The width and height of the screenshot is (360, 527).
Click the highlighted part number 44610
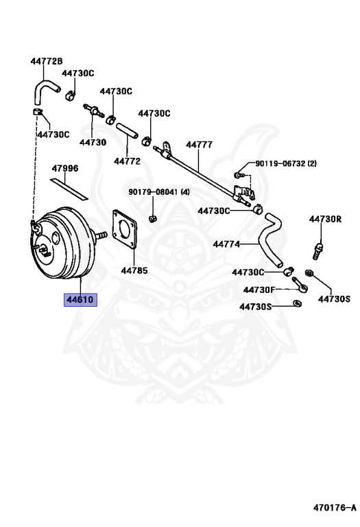pyautogui.click(x=80, y=299)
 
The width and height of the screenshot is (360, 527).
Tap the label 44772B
pyautogui.click(x=47, y=61)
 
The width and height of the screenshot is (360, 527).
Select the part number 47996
pyautogui.click(x=65, y=168)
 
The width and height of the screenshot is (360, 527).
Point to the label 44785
pyautogui.click(x=134, y=270)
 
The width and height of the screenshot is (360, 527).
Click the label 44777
pyautogui.click(x=199, y=145)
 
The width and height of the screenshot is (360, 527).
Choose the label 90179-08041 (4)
pyautogui.click(x=159, y=192)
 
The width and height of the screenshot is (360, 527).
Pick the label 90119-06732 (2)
pyautogui.click(x=286, y=164)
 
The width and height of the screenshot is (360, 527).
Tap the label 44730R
pyautogui.click(x=326, y=219)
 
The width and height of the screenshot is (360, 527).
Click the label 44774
pyautogui.click(x=227, y=244)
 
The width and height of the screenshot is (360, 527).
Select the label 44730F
pyautogui.click(x=259, y=290)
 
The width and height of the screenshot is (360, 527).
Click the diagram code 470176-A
pyautogui.click(x=335, y=508)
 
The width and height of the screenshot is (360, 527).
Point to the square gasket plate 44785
pyautogui.click(x=125, y=229)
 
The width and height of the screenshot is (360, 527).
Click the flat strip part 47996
pyautogui.click(x=69, y=189)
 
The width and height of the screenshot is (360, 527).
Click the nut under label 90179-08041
pyautogui.click(x=153, y=219)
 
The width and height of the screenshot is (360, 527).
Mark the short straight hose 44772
pyautogui.click(x=127, y=130)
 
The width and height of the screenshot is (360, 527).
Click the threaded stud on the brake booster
pyautogui.click(x=100, y=235)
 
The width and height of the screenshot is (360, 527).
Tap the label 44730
pyautogui.click(x=93, y=143)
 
